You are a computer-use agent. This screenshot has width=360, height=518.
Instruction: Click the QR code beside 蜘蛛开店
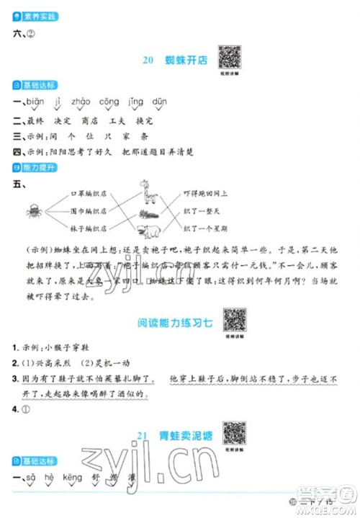[x=230, y=57]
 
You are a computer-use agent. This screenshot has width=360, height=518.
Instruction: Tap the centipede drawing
[x=156, y=214]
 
